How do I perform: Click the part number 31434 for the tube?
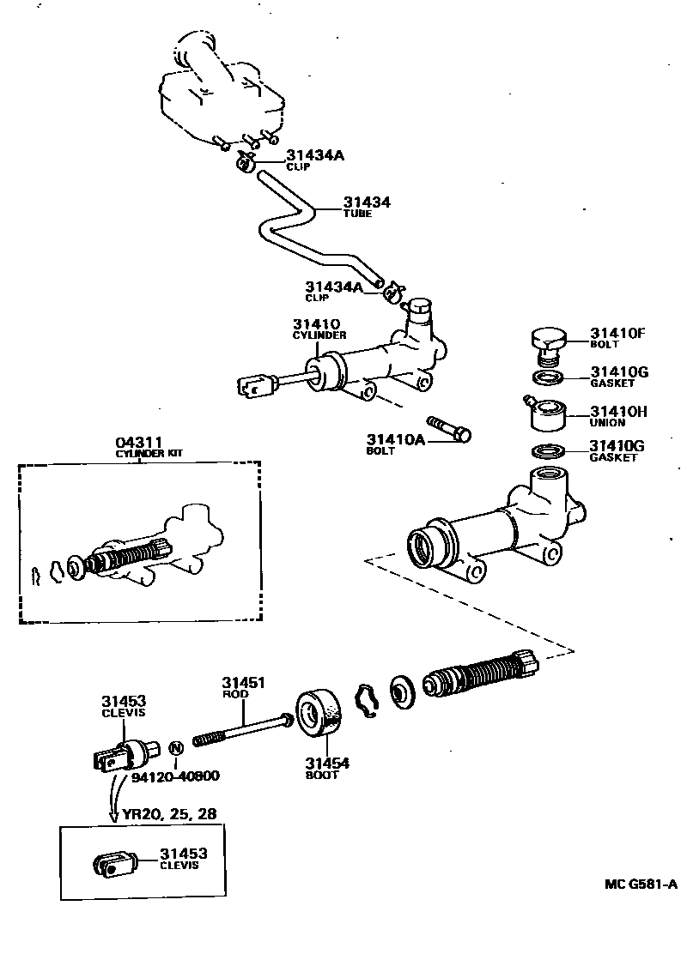coord(367,202)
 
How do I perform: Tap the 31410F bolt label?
coord(617,333)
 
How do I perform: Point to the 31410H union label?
coord(617,412)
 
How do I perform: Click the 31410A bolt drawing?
coord(447,427)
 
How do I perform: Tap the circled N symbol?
coord(175,747)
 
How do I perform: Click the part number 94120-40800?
coord(175,776)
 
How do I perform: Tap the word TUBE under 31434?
coord(357,214)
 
